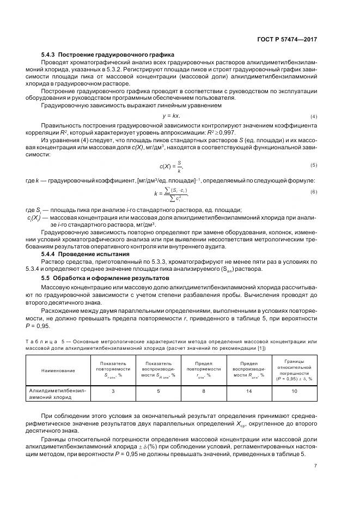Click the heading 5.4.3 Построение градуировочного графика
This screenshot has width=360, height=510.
(108, 55)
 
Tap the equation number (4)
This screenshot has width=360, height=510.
(314, 117)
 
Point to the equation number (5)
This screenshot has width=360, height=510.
(314, 165)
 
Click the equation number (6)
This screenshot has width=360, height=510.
(314, 192)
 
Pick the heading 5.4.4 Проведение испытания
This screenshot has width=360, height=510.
(86, 254)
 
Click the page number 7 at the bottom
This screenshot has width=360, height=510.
(315, 465)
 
